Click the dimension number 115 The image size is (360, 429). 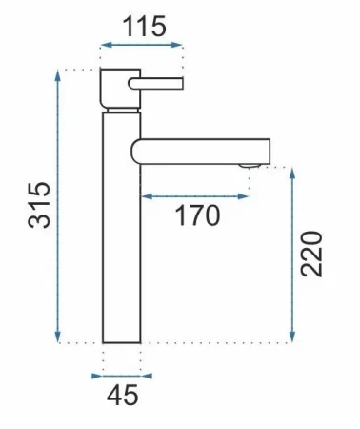[144, 26]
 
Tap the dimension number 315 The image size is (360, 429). [39, 205]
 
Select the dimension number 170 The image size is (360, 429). [197, 215]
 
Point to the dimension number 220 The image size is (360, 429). [311, 254]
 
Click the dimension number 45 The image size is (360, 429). [123, 395]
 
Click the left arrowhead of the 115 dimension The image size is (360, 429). [106, 45]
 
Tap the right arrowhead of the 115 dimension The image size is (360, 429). [177, 45]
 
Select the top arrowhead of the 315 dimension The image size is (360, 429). [57, 75]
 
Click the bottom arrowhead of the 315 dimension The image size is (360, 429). [57, 337]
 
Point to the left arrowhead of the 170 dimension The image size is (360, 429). [147, 196]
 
